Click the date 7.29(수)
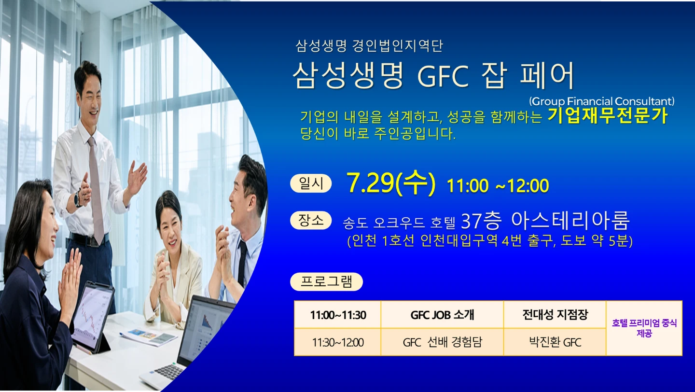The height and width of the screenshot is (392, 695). (391, 184)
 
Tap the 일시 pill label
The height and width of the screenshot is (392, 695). (311, 183)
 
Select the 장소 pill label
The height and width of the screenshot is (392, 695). (311, 220)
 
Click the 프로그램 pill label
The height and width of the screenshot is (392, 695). (326, 282)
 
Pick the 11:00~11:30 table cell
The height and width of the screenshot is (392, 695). (337, 315)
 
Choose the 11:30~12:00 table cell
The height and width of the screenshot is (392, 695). (337, 342)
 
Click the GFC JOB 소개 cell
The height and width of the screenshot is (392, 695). (442, 315)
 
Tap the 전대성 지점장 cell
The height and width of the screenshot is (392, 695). (555, 315)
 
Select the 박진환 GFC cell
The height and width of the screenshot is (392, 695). (555, 342)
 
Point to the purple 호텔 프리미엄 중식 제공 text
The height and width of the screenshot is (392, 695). (644, 328)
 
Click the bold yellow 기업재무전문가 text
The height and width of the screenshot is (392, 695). (608, 116)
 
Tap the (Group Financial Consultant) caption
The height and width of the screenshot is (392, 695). (601, 101)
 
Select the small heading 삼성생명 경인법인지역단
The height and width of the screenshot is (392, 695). (369, 46)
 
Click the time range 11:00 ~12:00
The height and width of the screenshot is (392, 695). (498, 185)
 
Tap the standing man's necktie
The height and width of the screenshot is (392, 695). (97, 189)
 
